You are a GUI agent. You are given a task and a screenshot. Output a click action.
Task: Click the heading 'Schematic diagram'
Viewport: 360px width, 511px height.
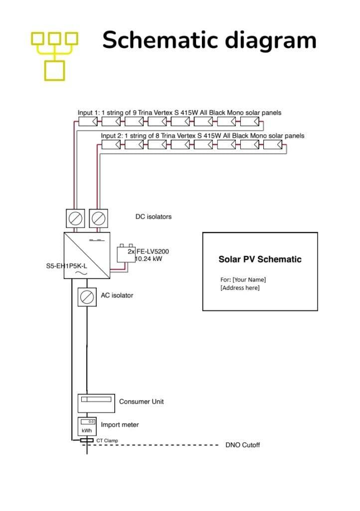pyautogui.click(x=209, y=40)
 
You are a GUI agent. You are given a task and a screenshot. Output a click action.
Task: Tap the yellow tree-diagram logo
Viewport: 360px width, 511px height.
pyautogui.click(x=55, y=55)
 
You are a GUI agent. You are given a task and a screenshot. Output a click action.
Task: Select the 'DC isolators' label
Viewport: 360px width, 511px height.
pyautogui.click(x=154, y=217)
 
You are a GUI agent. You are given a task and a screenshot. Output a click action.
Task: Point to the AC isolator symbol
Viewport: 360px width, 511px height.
pyautogui.click(x=87, y=296)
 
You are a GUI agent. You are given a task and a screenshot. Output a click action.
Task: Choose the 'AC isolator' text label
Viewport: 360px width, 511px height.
pyautogui.click(x=117, y=295)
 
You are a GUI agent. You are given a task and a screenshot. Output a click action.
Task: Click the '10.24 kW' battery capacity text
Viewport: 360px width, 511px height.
pyautogui.click(x=148, y=259)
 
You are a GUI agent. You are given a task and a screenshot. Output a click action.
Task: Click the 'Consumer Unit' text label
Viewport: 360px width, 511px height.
pyautogui.click(x=141, y=401)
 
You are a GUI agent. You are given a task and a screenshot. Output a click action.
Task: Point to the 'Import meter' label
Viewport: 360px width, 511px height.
pyautogui.click(x=120, y=425)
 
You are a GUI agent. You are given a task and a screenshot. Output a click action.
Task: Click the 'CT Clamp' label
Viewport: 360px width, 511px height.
pyautogui.click(x=107, y=441)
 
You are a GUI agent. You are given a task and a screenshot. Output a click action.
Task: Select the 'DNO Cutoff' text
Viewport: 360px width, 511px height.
pyautogui.click(x=242, y=445)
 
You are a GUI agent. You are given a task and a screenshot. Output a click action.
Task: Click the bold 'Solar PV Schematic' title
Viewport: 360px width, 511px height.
pyautogui.click(x=260, y=259)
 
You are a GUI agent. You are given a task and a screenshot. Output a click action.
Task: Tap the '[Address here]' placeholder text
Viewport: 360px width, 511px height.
pyautogui.click(x=240, y=287)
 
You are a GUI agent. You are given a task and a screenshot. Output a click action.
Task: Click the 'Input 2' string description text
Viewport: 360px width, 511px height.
pyautogui.click(x=202, y=136)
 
